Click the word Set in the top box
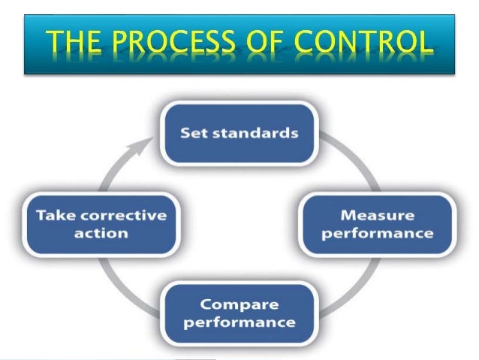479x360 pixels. pyautogui.click(x=196, y=134)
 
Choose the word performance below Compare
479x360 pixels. pyautogui.click(x=239, y=324)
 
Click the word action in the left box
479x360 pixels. pyautogui.click(x=101, y=233)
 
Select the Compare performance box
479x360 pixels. pyautogui.click(x=239, y=315)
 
